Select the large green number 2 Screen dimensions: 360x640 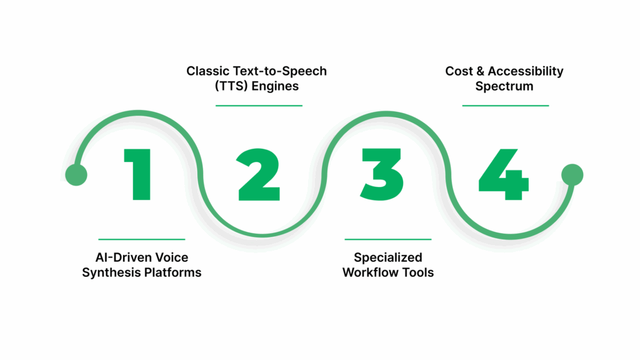[x=259, y=175]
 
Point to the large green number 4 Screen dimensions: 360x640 [x=504, y=175]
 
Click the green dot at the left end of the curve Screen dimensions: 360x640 [x=76, y=175]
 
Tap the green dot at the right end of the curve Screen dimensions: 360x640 [x=571, y=175]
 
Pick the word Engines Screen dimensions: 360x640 [x=277, y=86]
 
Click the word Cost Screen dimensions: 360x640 [x=459, y=71]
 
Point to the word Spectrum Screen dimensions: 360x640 [x=504, y=86]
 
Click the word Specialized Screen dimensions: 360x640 [x=388, y=257]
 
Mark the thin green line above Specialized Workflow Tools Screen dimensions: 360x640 [x=388, y=239]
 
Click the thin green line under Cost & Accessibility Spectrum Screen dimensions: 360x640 [x=505, y=106]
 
